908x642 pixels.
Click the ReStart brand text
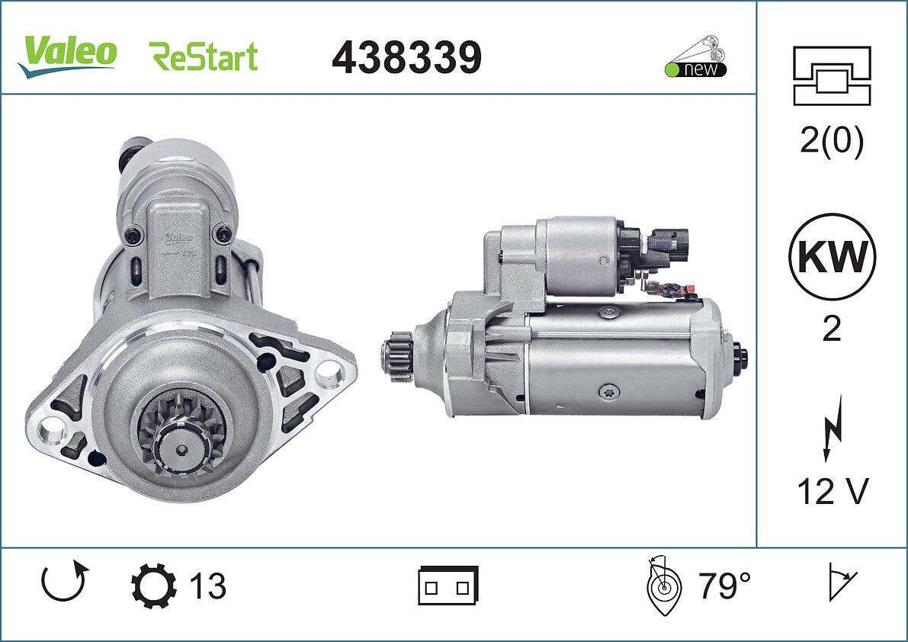(x=204, y=56)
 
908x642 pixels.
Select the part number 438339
(x=406, y=57)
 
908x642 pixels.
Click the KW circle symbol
(x=832, y=256)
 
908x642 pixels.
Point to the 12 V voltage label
(x=833, y=492)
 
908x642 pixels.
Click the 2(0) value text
(x=832, y=140)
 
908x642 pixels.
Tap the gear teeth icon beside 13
(x=153, y=586)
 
